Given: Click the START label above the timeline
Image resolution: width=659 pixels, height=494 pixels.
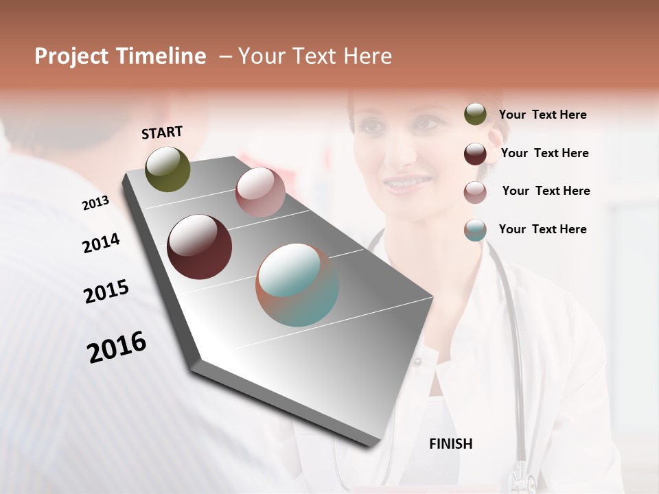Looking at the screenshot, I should click(x=162, y=132).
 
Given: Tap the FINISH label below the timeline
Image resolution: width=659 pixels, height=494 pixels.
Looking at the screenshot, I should click(x=450, y=444).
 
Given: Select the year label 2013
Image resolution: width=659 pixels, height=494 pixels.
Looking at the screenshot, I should click(x=95, y=203).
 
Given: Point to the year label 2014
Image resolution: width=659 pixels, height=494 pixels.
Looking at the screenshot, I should click(x=101, y=244).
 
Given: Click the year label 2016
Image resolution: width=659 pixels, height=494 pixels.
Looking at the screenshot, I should click(x=117, y=346).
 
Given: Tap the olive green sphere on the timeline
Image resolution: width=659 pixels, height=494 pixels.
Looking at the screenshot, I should click(x=167, y=169).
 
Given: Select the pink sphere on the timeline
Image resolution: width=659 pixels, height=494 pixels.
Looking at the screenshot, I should click(x=260, y=192).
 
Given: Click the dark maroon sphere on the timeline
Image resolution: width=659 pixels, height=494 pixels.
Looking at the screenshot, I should click(x=199, y=247).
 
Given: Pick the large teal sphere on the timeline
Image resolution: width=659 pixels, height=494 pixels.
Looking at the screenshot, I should click(x=297, y=285).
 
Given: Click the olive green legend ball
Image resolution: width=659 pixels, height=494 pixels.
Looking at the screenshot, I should click(x=475, y=115).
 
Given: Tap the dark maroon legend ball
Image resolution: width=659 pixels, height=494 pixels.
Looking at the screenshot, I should click(x=475, y=154).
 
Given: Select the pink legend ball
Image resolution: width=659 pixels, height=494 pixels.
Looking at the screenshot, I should click(x=475, y=192).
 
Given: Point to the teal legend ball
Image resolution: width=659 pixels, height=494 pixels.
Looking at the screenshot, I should click(x=475, y=230).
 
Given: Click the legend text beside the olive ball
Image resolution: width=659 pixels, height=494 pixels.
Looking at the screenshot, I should click(x=542, y=115).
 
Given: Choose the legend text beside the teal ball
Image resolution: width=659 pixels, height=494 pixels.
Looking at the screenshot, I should click(x=542, y=229).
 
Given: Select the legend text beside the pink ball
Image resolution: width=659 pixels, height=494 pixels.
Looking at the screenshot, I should click(x=546, y=191).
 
